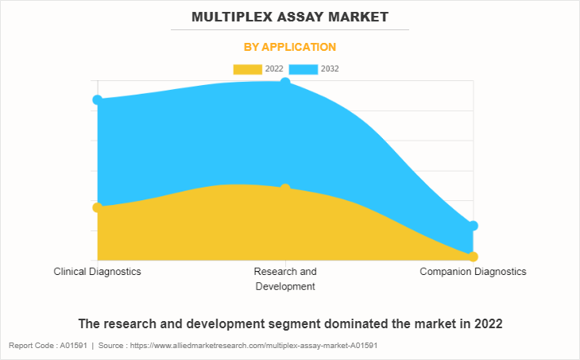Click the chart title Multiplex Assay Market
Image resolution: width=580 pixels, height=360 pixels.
[x=289, y=16]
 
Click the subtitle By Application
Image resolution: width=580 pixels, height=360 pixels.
[x=289, y=47]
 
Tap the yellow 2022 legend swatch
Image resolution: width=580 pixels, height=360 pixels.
[x=247, y=69]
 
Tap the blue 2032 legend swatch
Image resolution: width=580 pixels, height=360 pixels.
[x=303, y=69]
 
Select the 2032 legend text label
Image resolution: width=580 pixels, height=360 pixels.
[x=330, y=69]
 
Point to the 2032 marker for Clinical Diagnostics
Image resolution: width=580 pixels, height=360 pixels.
[x=98, y=100]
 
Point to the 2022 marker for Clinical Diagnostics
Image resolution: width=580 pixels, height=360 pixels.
[x=98, y=207]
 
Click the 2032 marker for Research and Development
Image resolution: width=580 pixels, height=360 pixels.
[x=285, y=83]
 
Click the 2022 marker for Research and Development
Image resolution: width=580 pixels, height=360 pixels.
[x=285, y=188]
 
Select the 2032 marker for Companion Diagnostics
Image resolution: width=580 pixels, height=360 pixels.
[x=473, y=226]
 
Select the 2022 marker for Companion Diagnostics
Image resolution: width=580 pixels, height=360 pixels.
[x=473, y=257]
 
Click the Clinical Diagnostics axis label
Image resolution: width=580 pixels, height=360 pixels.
[x=98, y=272]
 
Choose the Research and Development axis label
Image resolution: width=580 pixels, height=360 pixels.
[x=285, y=279]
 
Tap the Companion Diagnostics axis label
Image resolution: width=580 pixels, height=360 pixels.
[x=473, y=272]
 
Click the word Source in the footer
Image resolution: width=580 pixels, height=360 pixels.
[x=114, y=346]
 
